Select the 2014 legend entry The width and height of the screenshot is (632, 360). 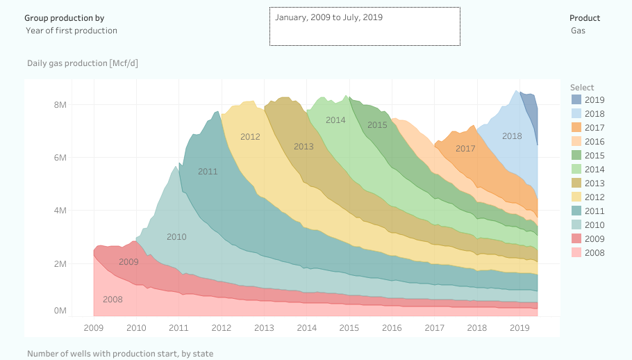click(x=594, y=170)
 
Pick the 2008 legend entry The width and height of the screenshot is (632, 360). click(x=594, y=253)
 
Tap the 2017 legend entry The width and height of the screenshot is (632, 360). click(x=594, y=128)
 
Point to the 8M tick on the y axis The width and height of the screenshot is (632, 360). click(x=60, y=105)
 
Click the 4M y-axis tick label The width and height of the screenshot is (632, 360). click(x=60, y=211)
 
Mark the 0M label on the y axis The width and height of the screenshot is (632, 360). click(x=60, y=311)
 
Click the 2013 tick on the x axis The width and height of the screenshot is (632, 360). click(x=264, y=327)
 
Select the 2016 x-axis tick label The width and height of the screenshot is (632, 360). click(x=392, y=327)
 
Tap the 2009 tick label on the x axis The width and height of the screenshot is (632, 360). click(x=94, y=327)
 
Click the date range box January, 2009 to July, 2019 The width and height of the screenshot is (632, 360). click(x=365, y=26)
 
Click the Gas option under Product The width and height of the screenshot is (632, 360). click(x=578, y=31)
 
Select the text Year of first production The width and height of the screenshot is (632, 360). click(x=72, y=31)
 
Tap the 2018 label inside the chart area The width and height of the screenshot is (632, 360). click(x=512, y=136)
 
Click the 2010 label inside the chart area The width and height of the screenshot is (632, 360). click(x=176, y=237)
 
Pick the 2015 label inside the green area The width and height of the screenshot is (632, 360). click(x=377, y=125)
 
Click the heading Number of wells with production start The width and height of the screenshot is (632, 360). click(x=120, y=354)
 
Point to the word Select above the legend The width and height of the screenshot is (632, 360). click(x=582, y=87)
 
